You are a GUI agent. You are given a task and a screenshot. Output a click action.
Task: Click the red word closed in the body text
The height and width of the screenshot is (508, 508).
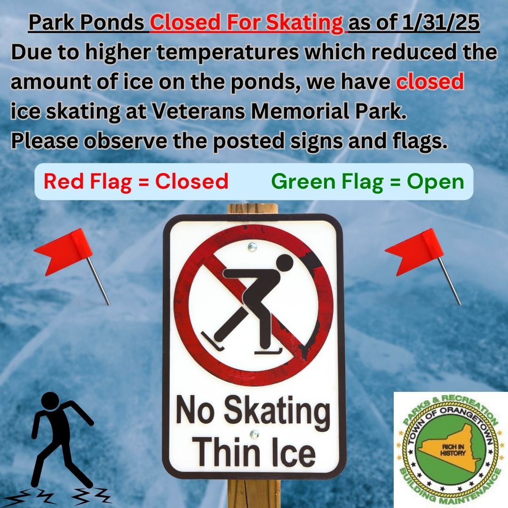click(x=430, y=81)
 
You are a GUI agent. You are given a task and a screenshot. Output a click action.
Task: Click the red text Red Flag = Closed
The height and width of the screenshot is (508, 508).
click(x=136, y=182)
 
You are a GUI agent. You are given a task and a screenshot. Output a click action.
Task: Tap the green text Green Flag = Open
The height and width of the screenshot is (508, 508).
click(x=368, y=182)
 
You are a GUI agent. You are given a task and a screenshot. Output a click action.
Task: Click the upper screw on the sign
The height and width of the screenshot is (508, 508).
click(x=252, y=247)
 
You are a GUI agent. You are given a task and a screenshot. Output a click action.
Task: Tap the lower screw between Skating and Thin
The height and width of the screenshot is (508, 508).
click(x=254, y=434)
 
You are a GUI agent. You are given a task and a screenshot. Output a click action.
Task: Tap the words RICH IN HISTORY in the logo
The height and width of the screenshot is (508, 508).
click(x=452, y=450)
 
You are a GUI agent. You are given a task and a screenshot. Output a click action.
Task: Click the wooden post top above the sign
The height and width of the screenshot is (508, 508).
click(x=253, y=209)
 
